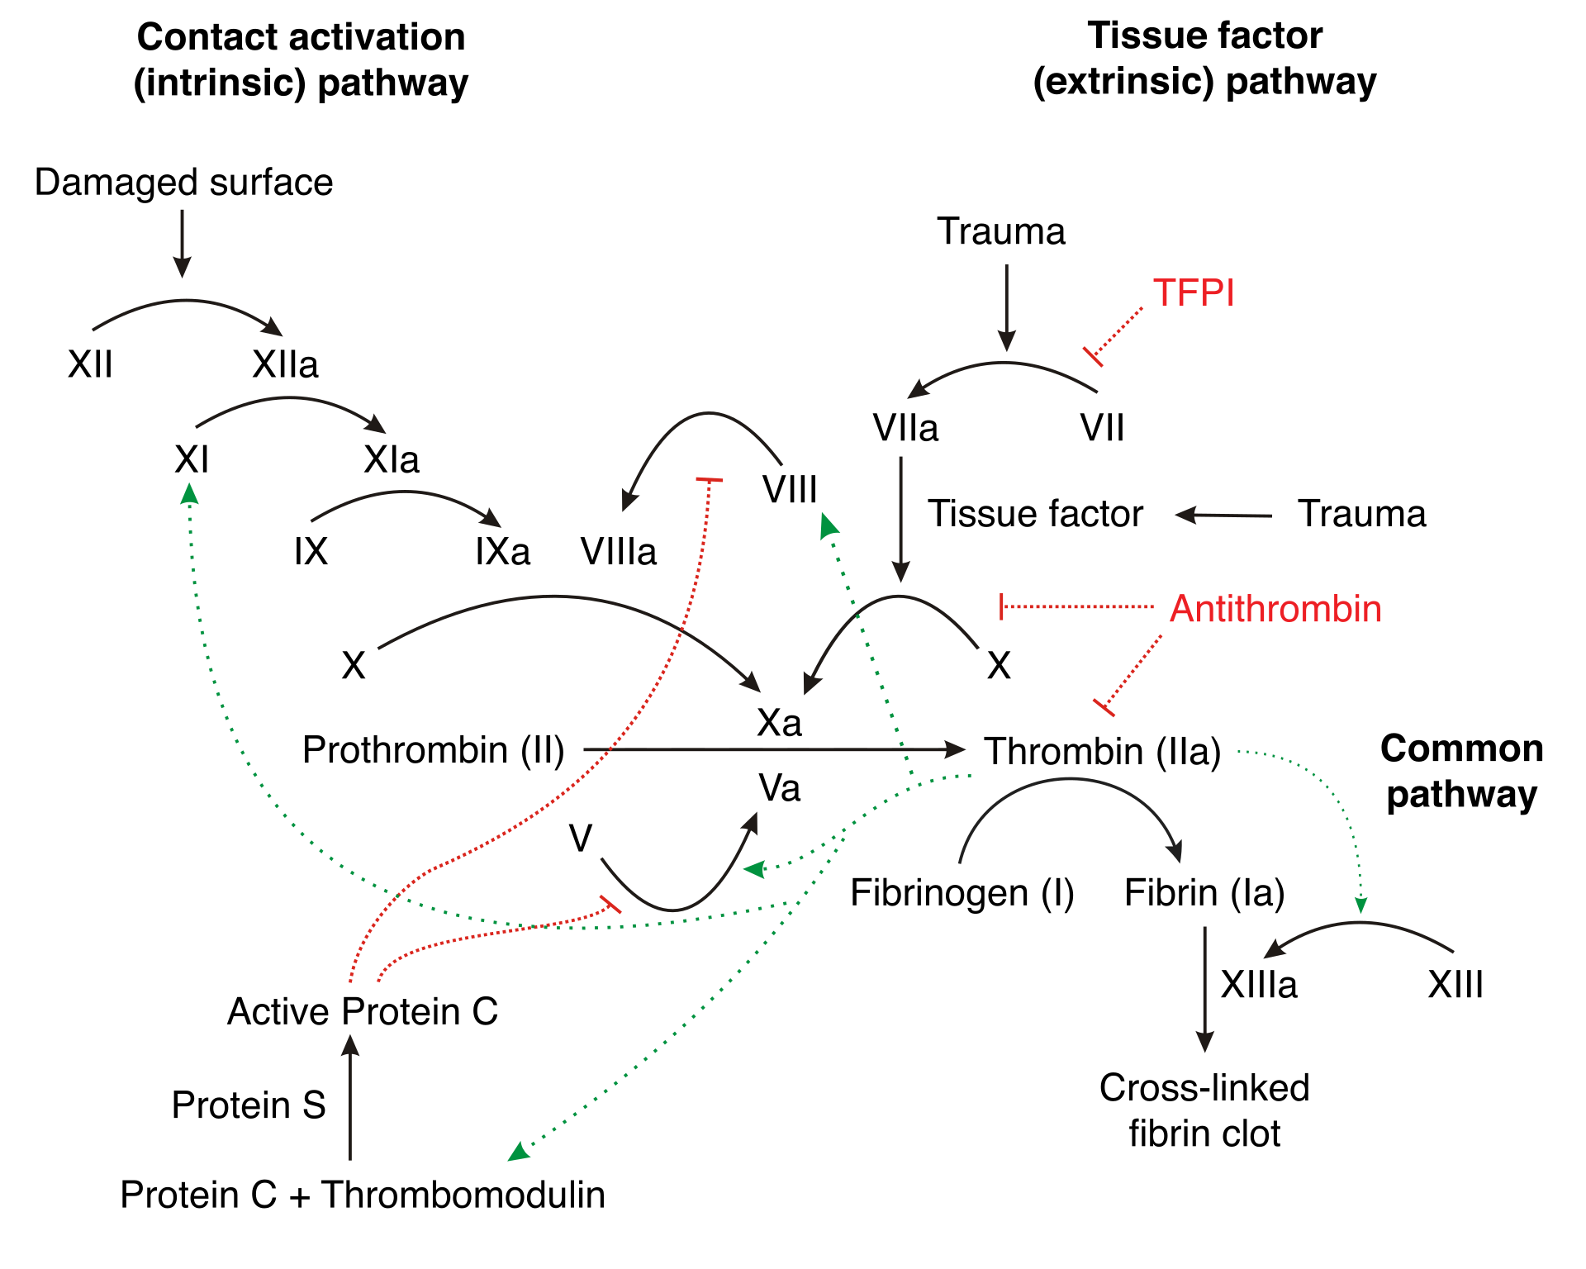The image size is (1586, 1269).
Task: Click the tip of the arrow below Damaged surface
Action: pos(183,277)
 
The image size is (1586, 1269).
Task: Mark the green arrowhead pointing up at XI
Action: pos(190,493)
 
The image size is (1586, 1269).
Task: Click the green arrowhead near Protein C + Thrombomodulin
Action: pos(518,1152)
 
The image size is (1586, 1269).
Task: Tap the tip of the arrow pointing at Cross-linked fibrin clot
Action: pos(1205,1051)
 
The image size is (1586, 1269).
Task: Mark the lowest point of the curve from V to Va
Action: pos(673,910)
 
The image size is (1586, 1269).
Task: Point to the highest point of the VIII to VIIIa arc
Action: pos(709,413)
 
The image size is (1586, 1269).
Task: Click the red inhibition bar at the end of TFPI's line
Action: pos(1093,357)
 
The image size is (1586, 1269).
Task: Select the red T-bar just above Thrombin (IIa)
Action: pos(1104,707)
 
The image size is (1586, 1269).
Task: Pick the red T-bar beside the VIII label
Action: pos(710,479)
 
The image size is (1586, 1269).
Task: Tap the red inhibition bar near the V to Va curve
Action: pos(610,904)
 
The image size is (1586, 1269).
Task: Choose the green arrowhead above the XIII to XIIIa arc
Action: pos(1360,905)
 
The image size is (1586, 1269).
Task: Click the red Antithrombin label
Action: pos(1276,609)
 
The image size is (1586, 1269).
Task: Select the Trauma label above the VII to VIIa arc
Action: pos(1001,231)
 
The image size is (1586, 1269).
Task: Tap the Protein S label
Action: pos(249,1105)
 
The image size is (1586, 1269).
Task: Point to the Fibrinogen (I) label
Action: pos(962,893)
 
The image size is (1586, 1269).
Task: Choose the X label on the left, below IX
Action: pos(354,665)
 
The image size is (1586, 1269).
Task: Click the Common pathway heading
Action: pos(1462,771)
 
